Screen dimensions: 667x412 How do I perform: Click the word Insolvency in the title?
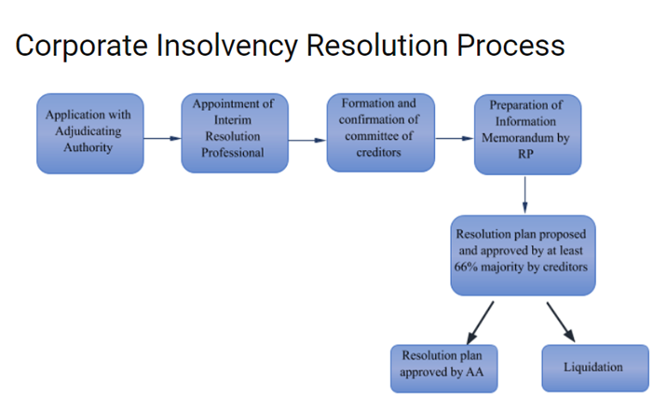pyautogui.click(x=226, y=46)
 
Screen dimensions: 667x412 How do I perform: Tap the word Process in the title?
pyautogui.click(x=510, y=45)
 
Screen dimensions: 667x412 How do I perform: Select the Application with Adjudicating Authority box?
pyautogui.click(x=90, y=133)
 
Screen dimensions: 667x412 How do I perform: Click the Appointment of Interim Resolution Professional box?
pyautogui.click(x=235, y=132)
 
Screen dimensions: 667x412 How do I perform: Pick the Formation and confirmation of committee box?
pyautogui.click(x=381, y=132)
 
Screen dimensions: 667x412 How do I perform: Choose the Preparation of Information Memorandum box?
pyautogui.click(x=528, y=134)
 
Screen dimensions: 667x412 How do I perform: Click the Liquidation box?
pyautogui.click(x=595, y=368)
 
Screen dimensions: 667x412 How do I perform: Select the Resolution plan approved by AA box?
pyautogui.click(x=444, y=368)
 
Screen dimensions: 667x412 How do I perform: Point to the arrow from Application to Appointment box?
pyautogui.click(x=162, y=138)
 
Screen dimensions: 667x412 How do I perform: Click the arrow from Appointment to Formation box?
pyautogui.click(x=307, y=140)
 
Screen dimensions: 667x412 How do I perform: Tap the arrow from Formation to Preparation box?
pyautogui.click(x=455, y=138)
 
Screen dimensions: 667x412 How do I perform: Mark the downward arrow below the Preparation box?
pyautogui.click(x=524, y=195)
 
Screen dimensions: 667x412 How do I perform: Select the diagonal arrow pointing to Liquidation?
pyautogui.click(x=561, y=322)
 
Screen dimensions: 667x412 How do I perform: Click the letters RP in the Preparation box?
pyautogui.click(x=525, y=154)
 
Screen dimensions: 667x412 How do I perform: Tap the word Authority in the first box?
pyautogui.click(x=88, y=147)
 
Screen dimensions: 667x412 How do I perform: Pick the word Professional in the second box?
pyautogui.click(x=233, y=152)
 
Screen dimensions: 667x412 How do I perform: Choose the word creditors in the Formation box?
pyautogui.click(x=378, y=152)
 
